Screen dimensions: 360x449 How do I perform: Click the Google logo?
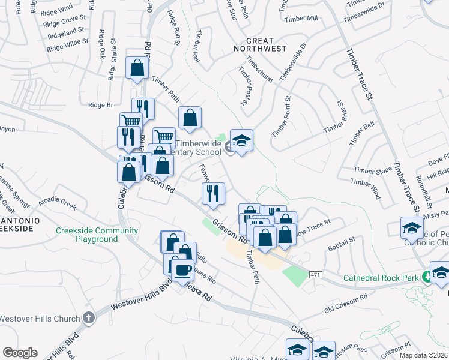point(19,353)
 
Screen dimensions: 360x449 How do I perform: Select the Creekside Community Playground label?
point(97,235)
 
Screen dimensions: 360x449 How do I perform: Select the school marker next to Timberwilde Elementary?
point(241,142)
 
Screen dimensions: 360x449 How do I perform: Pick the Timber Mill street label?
point(301,19)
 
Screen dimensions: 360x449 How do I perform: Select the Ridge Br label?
point(101,104)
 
